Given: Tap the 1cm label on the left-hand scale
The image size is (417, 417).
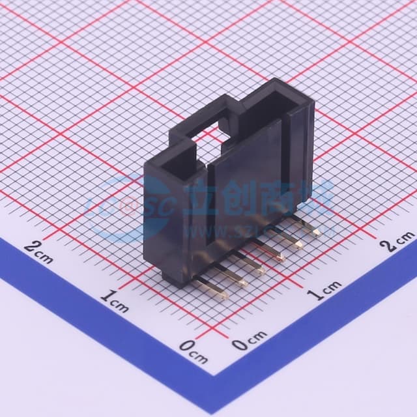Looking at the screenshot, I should (x=115, y=302).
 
